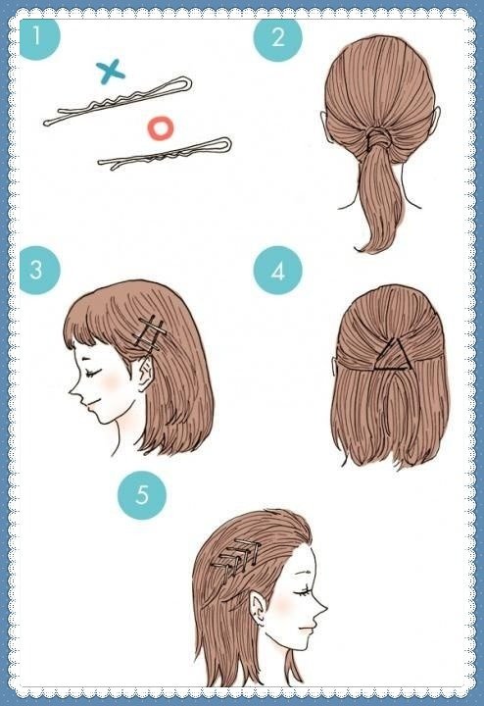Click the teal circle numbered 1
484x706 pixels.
pyautogui.click(x=39, y=37)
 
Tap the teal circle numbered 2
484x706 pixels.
pyautogui.click(x=277, y=37)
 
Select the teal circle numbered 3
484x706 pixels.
pyautogui.click(x=39, y=271)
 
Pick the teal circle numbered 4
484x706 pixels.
pyautogui.click(x=277, y=271)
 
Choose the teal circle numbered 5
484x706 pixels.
pyautogui.click(x=142, y=495)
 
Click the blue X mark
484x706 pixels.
pyautogui.click(x=110, y=72)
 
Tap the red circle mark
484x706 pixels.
pyautogui.click(x=161, y=128)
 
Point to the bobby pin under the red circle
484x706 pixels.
pyautogui.click(x=165, y=154)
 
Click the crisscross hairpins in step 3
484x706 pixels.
pyautogui.click(x=151, y=333)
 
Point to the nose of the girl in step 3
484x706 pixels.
pyautogui.click(x=73, y=392)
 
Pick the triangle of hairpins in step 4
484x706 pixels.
pyautogui.click(x=391, y=356)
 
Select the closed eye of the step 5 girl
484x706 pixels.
pyautogui.click(x=303, y=591)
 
